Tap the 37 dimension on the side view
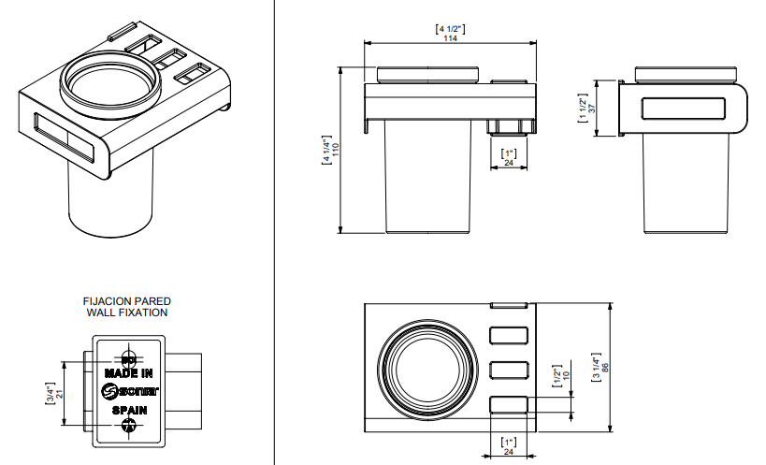[592, 108]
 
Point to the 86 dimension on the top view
[618, 366]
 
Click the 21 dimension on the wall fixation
[59, 394]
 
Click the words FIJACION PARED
[127, 301]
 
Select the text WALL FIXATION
[127, 312]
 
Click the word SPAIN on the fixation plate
[129, 410]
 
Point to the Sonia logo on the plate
[130, 391]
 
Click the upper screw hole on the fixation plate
[129, 359]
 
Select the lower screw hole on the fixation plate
[129, 426]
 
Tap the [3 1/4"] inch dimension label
[609, 366]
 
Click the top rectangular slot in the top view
[509, 334]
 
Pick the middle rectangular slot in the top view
[509, 369]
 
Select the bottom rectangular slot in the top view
[509, 404]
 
